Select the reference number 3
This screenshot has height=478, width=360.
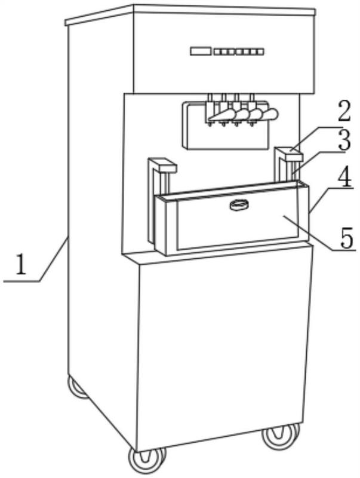pos(344,140)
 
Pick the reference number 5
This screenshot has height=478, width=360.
pos(346,238)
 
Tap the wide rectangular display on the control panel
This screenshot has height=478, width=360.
pos(201,51)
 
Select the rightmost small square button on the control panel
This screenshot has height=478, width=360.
pos(260,52)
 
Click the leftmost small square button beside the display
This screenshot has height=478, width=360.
pos(217,52)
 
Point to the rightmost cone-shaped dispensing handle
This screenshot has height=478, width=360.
pos(270,114)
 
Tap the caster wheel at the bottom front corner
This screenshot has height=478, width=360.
pos(147,459)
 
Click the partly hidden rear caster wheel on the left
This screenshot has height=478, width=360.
pos(77,387)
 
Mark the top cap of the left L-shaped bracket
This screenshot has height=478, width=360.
pos(163,165)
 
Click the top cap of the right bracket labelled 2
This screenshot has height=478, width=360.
pos(289,154)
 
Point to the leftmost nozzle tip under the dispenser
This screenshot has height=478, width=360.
pos(210,124)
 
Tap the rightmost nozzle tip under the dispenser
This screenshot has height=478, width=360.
pos(251,124)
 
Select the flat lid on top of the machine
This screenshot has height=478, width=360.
pos(190,14)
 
